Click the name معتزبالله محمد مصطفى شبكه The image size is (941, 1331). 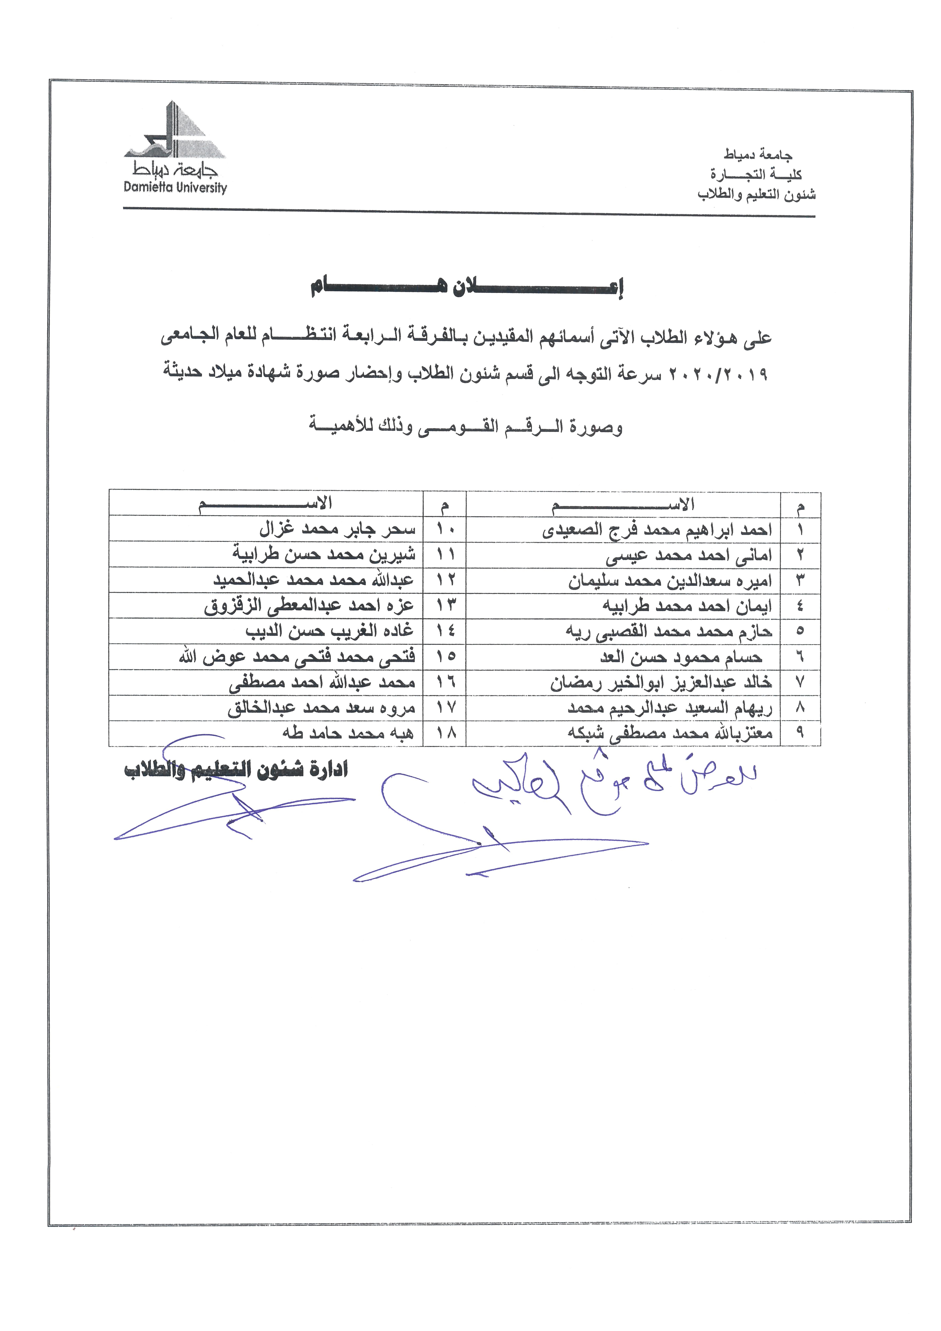tap(670, 733)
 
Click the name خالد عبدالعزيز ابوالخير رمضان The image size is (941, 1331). tap(661, 683)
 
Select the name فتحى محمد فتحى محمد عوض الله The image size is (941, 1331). tap(297, 657)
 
